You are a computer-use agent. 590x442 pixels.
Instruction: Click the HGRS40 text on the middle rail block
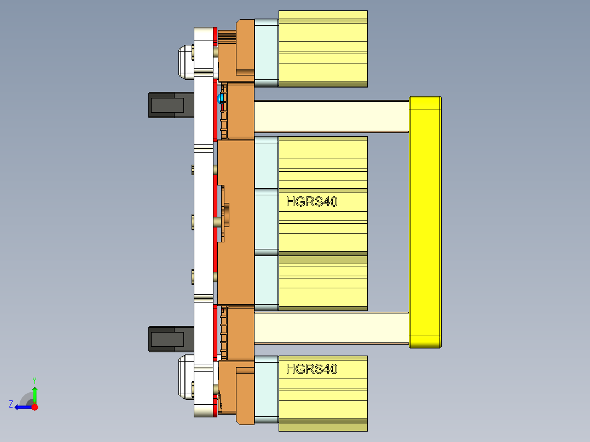311,202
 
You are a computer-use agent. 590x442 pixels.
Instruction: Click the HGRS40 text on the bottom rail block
311,369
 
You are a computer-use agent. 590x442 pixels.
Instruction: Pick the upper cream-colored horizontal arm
331,116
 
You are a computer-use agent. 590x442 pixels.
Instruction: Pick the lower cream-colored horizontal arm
331,328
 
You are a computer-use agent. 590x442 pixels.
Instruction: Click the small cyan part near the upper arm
221,98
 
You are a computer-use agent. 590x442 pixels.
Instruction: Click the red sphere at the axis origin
34,407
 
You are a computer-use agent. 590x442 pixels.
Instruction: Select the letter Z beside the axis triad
11,404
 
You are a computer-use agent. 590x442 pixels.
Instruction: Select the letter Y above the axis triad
34,380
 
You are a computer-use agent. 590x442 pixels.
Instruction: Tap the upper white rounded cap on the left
185,60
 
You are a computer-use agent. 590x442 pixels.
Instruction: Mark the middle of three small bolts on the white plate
193,222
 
